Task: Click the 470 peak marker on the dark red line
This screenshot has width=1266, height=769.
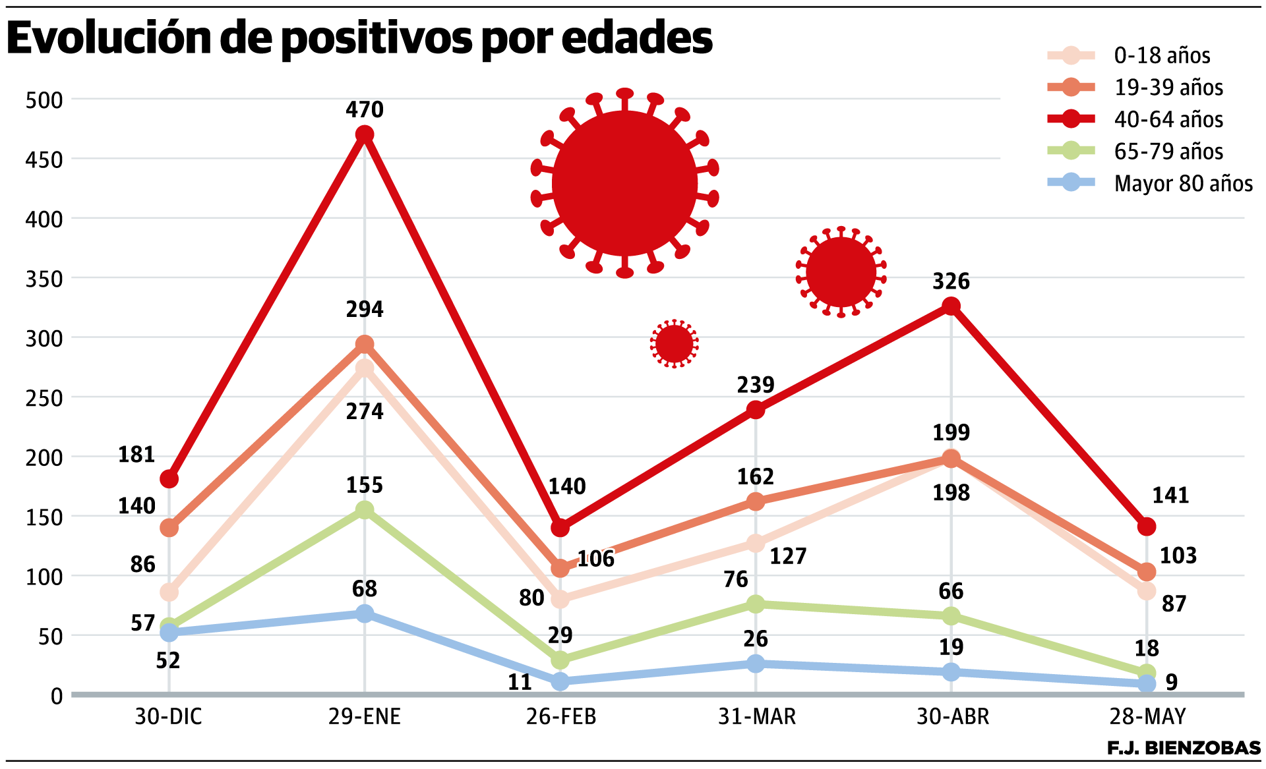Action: pyautogui.click(x=365, y=135)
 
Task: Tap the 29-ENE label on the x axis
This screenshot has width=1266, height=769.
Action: pyautogui.click(x=365, y=716)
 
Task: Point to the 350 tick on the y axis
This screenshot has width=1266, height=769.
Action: pyautogui.click(x=44, y=279)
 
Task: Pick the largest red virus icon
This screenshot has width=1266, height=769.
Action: pyautogui.click(x=624, y=183)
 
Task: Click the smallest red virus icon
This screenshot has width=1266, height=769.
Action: pyautogui.click(x=674, y=343)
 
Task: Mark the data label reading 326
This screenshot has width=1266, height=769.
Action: pyautogui.click(x=951, y=281)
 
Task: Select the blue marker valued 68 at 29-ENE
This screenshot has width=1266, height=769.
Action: pyautogui.click(x=365, y=613)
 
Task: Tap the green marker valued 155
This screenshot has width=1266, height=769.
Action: pyautogui.click(x=365, y=510)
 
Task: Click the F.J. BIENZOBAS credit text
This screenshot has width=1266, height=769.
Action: pyautogui.click(x=1184, y=748)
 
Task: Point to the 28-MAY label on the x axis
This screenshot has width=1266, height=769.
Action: pyautogui.click(x=1147, y=716)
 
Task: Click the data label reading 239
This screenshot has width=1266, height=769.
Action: pyautogui.click(x=756, y=385)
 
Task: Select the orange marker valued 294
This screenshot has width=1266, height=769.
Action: pyautogui.click(x=365, y=345)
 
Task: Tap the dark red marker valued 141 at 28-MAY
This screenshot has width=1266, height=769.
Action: pyautogui.click(x=1147, y=527)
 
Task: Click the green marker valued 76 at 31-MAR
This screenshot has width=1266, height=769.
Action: pyautogui.click(x=756, y=604)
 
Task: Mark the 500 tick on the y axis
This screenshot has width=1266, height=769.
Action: pyautogui.click(x=44, y=100)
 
